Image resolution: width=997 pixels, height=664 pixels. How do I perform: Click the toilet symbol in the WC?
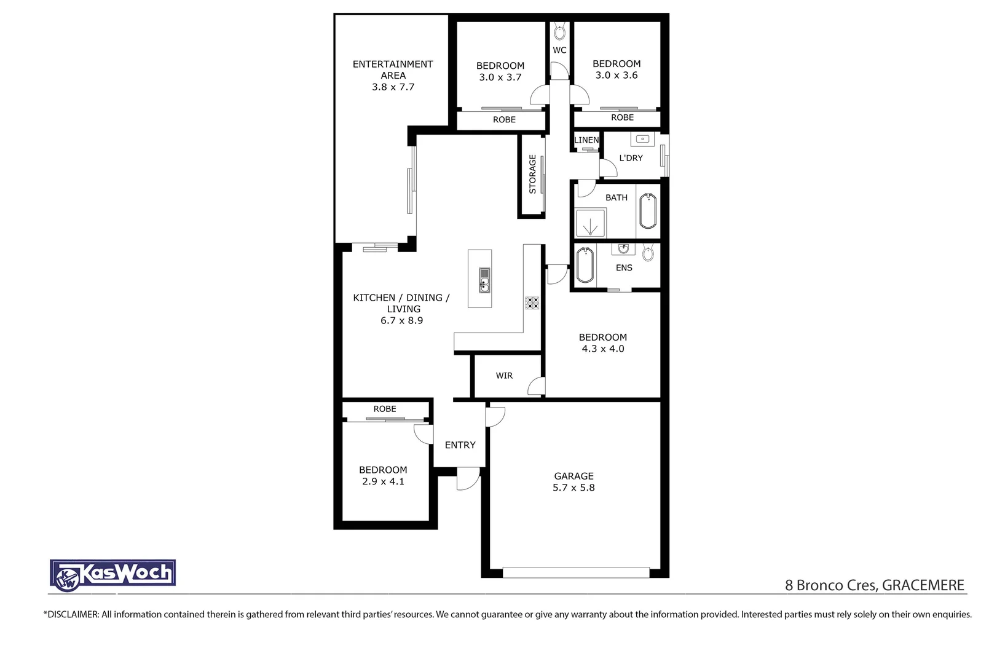pos(559,31)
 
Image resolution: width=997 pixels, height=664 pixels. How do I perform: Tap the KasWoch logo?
pos(113,574)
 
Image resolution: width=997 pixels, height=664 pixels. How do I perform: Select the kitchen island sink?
pos(484,280)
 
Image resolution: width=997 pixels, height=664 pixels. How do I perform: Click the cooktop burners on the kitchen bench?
pos(532,302)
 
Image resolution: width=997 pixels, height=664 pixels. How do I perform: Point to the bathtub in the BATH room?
pos(648,211)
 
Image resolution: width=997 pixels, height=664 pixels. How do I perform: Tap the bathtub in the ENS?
pos(585,265)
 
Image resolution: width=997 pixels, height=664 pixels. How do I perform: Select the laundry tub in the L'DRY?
pos(642,140)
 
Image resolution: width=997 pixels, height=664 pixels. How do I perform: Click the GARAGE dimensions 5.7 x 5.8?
pos(573,488)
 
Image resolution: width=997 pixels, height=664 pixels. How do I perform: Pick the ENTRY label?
pos(460,445)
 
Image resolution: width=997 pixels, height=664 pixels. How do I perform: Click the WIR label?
pos(504,376)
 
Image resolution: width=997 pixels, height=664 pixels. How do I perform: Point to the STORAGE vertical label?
pos(532,174)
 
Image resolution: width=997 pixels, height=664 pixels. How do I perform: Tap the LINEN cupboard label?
pos(586,140)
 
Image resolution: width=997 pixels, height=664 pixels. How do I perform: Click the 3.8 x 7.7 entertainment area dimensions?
pos(393,87)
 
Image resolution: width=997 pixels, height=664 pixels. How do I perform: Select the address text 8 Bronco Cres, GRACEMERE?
pos(874,585)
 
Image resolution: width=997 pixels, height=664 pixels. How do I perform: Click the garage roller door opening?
pos(575,572)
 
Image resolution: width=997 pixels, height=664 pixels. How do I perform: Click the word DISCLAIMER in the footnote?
pos(72,614)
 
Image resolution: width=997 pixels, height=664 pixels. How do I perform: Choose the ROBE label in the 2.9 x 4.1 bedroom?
pos(385,409)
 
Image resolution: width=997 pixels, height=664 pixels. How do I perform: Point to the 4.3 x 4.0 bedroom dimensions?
pos(602,349)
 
